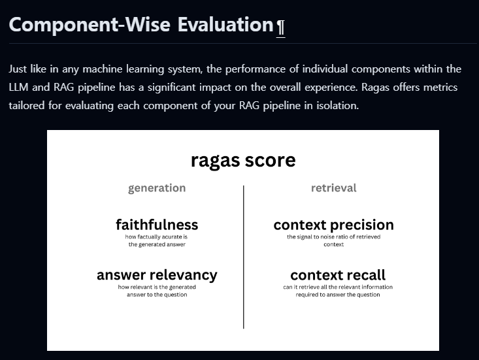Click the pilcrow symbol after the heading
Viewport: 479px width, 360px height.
(x=280, y=27)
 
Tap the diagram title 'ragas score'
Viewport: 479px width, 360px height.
(x=243, y=160)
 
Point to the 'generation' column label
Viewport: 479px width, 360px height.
(x=157, y=188)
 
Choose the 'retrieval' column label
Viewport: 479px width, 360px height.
(x=333, y=188)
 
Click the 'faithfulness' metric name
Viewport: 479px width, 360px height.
(x=157, y=225)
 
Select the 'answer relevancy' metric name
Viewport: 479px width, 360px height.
(x=157, y=275)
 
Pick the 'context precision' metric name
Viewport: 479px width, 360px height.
(x=333, y=225)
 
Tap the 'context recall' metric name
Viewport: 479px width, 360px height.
(x=338, y=275)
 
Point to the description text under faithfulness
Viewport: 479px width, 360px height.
(x=157, y=240)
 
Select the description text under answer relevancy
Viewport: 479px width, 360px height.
(x=157, y=291)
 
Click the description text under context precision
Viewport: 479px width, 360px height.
(x=333, y=240)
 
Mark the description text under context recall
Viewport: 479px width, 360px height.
(x=338, y=291)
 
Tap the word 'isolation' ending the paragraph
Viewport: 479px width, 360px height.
(x=336, y=105)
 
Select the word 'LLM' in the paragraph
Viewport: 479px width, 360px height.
(x=20, y=87)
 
